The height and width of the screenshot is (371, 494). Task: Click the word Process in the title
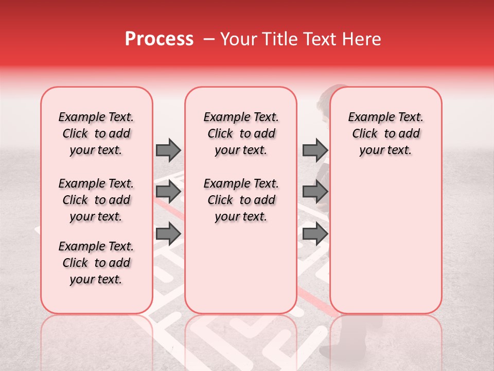[159, 39]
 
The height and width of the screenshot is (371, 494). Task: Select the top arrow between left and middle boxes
[168, 150]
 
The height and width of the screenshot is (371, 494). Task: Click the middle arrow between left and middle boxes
[168, 192]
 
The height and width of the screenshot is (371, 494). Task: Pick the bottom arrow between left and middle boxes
[168, 233]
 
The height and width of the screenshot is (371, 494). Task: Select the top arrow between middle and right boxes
[315, 150]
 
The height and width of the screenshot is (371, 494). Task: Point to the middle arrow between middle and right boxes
[315, 192]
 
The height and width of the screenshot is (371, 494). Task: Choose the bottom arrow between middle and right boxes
[315, 233]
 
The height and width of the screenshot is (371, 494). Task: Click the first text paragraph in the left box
[96, 133]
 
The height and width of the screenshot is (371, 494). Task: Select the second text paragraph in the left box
[96, 200]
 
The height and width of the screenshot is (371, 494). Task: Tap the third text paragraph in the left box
[96, 263]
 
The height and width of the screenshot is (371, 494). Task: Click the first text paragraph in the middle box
[241, 133]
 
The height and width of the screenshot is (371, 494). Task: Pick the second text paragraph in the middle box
[241, 200]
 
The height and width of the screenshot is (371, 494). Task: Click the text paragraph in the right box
[386, 133]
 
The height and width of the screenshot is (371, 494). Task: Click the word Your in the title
[238, 39]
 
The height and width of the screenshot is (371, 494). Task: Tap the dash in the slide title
[209, 39]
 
